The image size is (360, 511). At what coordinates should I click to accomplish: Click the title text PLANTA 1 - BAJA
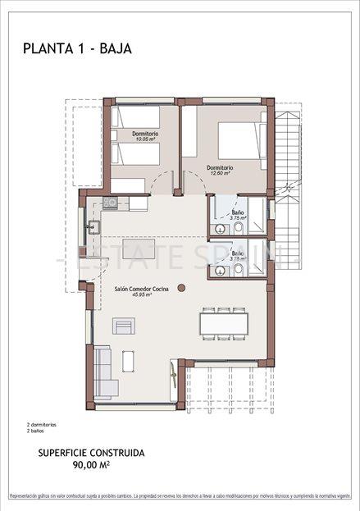coord(78,49)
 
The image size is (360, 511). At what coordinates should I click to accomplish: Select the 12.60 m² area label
coord(219,173)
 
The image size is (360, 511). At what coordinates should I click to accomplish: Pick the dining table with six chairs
coord(224,322)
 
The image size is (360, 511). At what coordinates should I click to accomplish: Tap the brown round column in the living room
coord(181,287)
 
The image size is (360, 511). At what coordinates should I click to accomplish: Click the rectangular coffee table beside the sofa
coord(129,361)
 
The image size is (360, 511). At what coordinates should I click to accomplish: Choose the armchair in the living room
coord(123,326)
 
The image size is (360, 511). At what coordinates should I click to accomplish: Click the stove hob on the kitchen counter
coord(110,203)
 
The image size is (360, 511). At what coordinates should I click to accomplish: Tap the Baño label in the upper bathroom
coord(236,212)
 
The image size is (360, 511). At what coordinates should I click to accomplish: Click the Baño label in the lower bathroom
coord(237,253)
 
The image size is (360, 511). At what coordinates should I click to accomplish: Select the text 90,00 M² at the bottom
coord(92,464)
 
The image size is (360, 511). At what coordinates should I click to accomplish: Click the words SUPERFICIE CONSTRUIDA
coord(92,452)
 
